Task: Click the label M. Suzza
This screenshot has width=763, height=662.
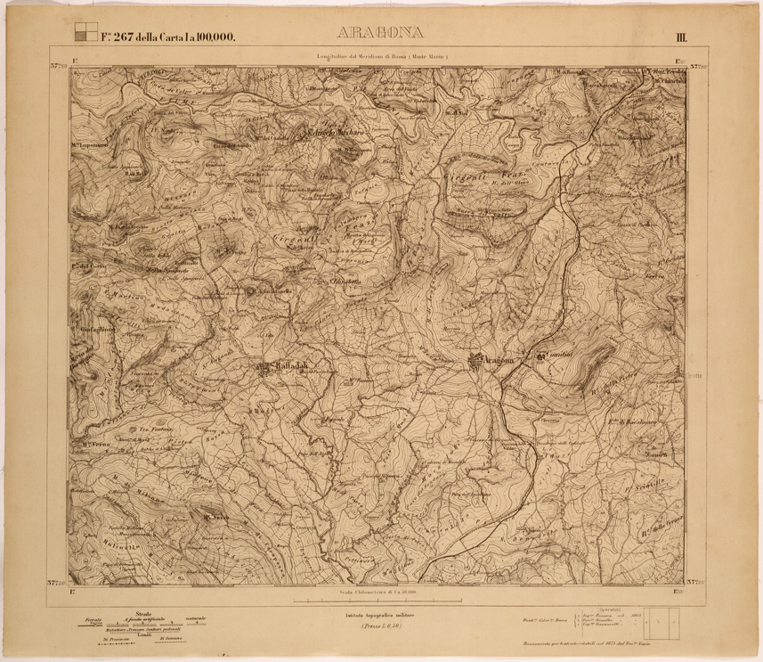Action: pyautogui.click(x=217, y=515)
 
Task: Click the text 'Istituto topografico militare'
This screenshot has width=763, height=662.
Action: pyautogui.click(x=381, y=616)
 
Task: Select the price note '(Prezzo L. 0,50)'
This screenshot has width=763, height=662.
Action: pyautogui.click(x=381, y=627)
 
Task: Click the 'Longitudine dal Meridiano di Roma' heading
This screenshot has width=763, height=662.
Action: pyautogui.click(x=386, y=57)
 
